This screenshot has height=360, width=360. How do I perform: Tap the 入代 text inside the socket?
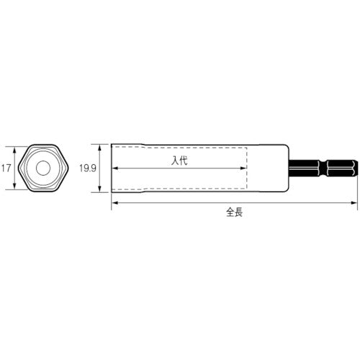pos(179,162)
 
